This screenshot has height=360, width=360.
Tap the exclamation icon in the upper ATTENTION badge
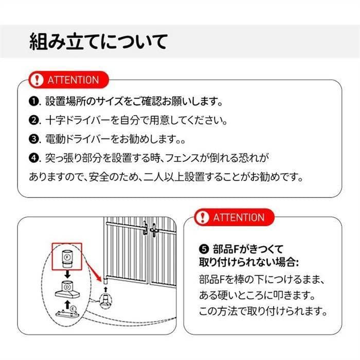(x=37, y=80)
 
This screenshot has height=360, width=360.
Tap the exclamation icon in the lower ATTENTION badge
(x=205, y=217)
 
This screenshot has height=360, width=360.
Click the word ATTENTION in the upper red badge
(x=73, y=80)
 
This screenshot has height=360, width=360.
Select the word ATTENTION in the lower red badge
(x=239, y=217)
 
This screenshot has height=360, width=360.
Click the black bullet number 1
(x=34, y=101)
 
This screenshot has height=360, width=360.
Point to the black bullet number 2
(x=34, y=121)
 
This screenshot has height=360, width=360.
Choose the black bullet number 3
(x=34, y=139)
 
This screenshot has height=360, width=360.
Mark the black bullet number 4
(x=34, y=157)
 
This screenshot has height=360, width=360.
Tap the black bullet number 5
(x=203, y=249)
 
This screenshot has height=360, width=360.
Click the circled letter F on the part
(x=67, y=256)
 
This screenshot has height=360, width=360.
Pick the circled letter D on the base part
(x=67, y=286)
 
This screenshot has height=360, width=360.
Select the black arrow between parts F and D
(x=67, y=273)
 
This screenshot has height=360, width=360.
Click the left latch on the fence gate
(x=146, y=227)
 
